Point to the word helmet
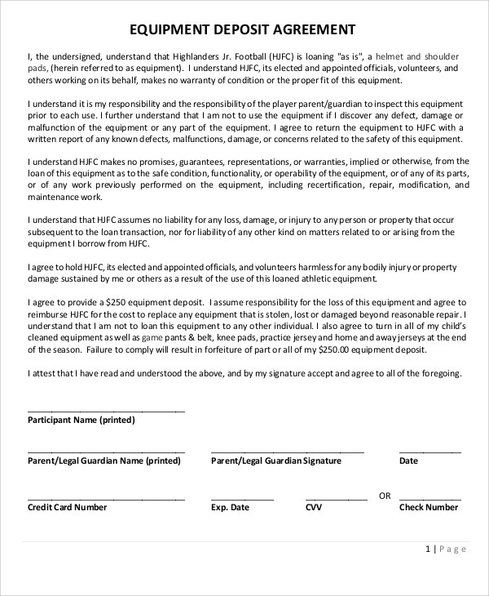coord(392,56)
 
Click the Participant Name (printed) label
coord(81,420)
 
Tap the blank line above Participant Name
coord(106,411)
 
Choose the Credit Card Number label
coord(67,507)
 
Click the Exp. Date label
coord(230,507)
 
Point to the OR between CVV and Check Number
coord(385,496)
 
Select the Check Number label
coord(429,507)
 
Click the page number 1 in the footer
coord(429,549)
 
